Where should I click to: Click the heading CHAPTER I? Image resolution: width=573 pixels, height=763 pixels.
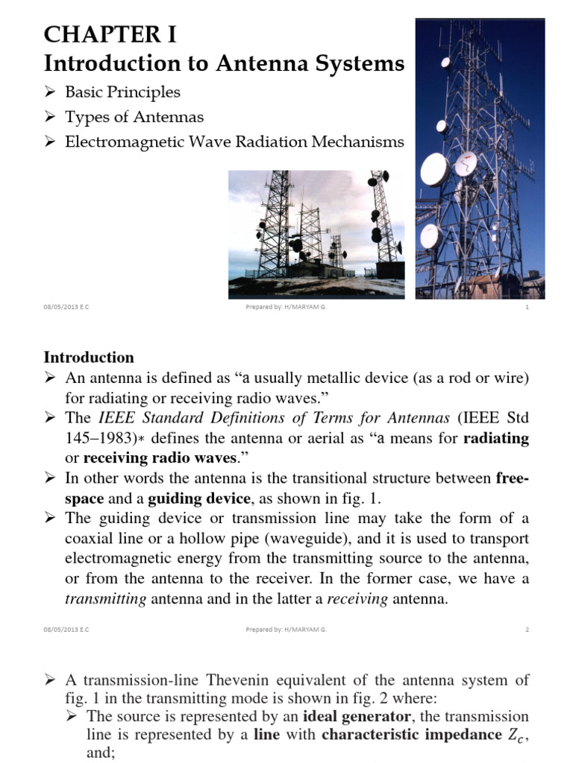tap(110, 34)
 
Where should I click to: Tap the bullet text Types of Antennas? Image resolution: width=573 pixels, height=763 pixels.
tap(134, 117)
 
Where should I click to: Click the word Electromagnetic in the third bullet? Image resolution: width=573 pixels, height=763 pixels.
tap(128, 142)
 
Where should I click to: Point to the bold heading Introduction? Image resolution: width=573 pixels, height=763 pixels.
tap(89, 357)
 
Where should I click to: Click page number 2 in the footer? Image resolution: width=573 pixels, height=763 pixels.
tap(527, 629)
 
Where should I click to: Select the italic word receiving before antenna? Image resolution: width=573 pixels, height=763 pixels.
tap(357, 599)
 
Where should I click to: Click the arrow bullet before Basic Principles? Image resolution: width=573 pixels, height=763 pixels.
tap(51, 93)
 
